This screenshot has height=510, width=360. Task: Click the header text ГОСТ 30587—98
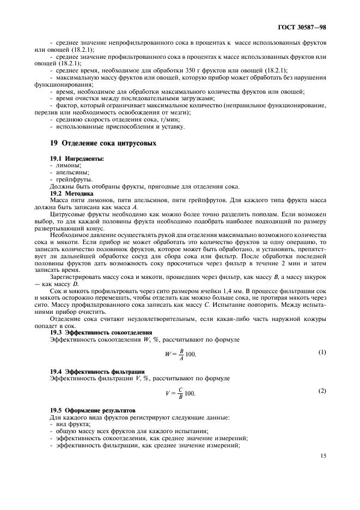coord(302,27)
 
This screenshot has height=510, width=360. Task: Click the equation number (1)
coord(322,352)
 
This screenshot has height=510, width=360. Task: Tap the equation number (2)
coord(322,391)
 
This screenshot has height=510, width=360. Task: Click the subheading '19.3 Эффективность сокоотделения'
coord(101,332)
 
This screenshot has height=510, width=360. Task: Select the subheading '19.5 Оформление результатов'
coord(93,410)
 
